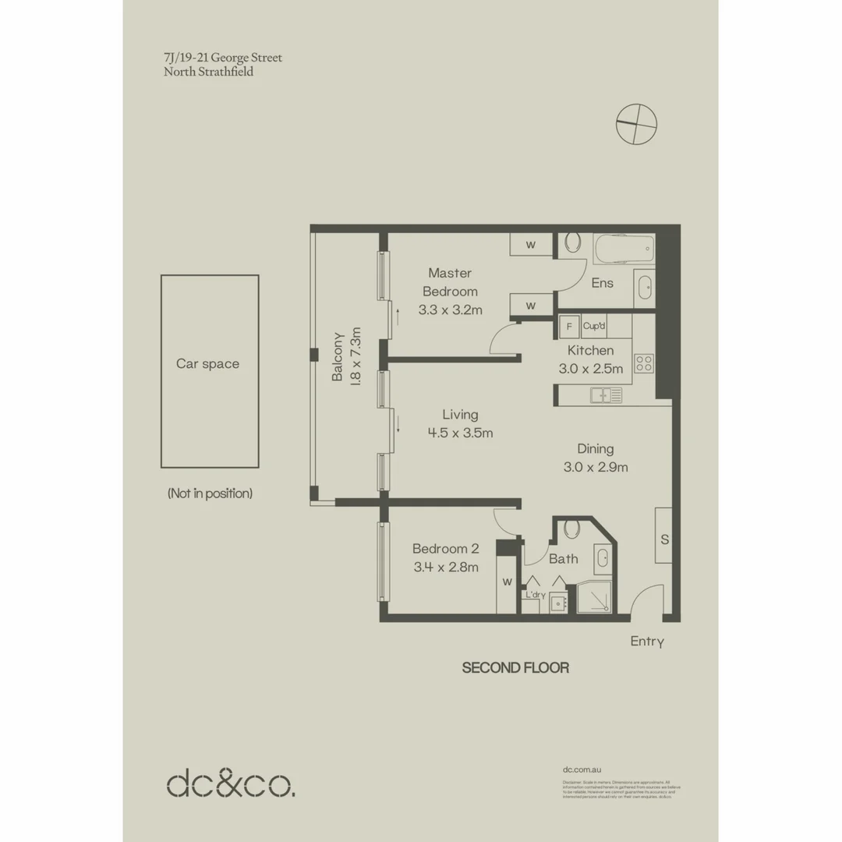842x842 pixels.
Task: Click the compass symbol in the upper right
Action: [x=636, y=125]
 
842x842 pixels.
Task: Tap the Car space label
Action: [x=207, y=364]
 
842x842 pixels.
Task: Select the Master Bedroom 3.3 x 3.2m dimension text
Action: [x=450, y=310]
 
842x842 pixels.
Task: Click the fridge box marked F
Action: [x=568, y=326]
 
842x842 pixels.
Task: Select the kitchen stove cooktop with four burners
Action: [x=643, y=363]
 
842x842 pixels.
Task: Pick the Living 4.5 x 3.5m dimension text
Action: [x=460, y=433]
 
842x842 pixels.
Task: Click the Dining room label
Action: [x=595, y=449]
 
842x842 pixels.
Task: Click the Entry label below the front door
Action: [x=647, y=642]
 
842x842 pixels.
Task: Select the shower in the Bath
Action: [x=596, y=596]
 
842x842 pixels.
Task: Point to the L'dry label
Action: [x=534, y=595]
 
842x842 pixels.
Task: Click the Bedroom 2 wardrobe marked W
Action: [x=507, y=581]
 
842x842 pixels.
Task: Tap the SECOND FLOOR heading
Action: [x=515, y=668]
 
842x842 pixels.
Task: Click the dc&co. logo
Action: [x=231, y=783]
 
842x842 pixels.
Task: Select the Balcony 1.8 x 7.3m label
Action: [x=347, y=357]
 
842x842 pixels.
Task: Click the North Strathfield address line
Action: [x=208, y=72]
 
